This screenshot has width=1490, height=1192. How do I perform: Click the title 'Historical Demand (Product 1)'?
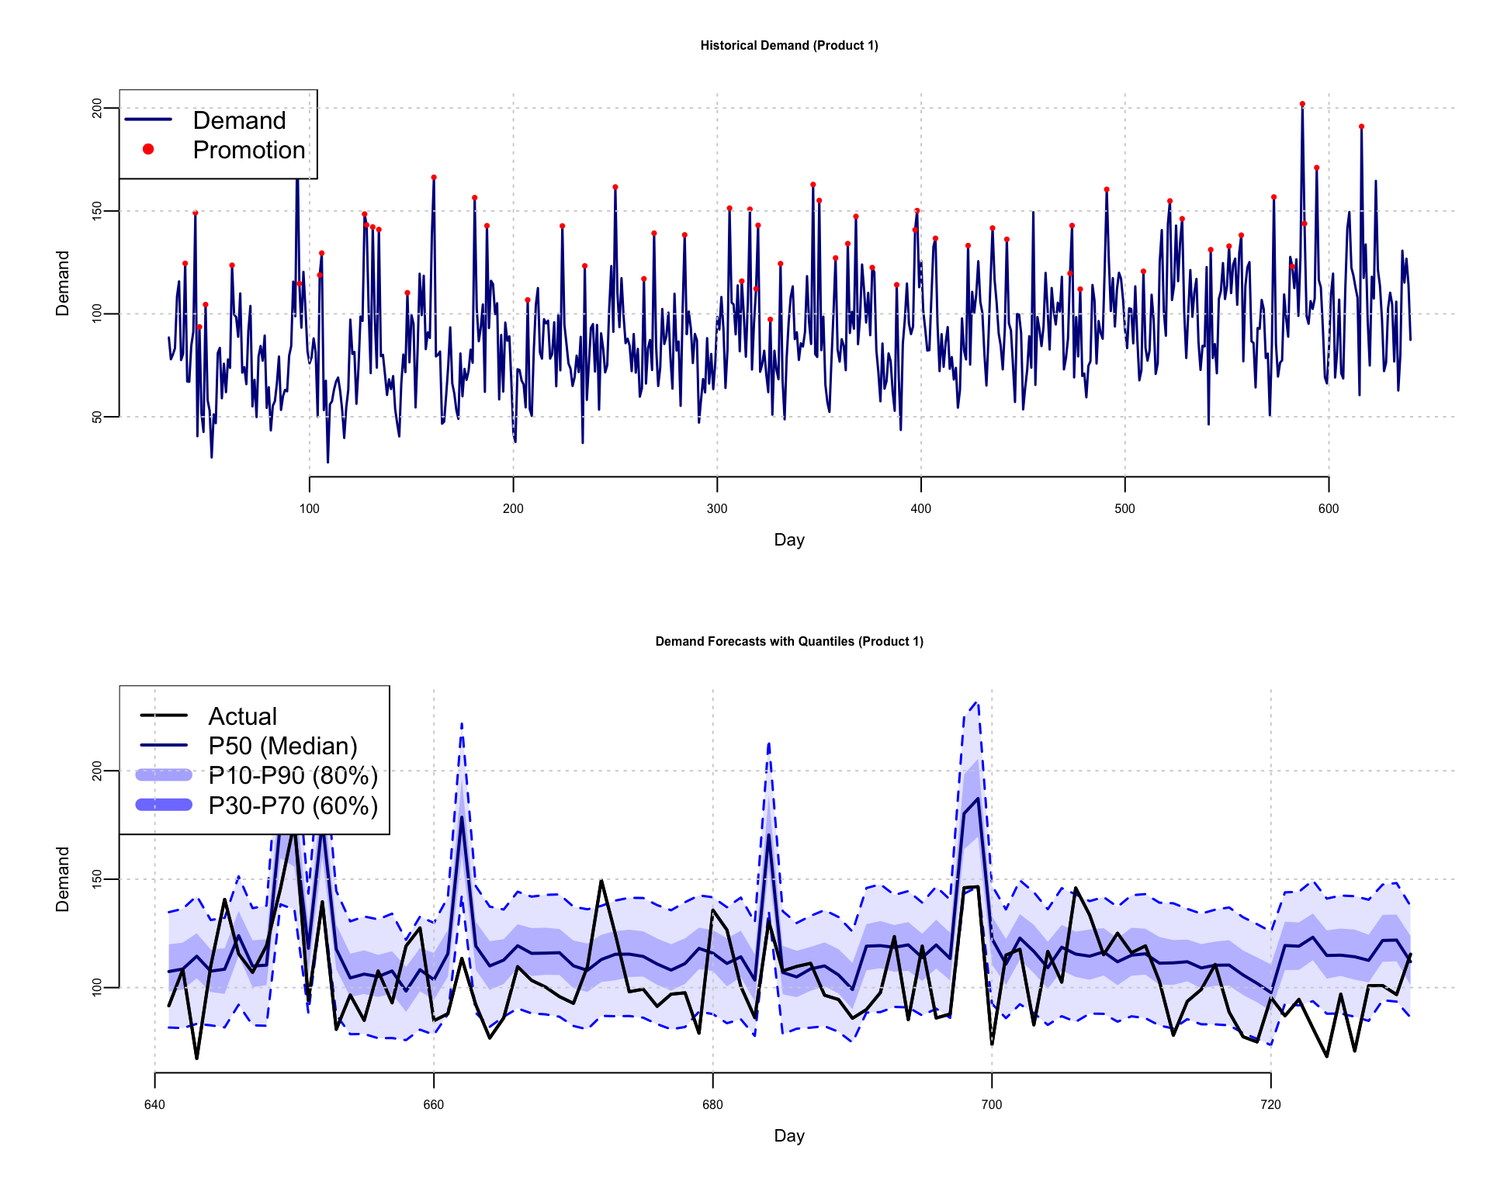coord(789,46)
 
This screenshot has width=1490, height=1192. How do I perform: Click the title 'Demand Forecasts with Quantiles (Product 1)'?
coord(789,642)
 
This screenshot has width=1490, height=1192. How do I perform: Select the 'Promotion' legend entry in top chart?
coord(248,150)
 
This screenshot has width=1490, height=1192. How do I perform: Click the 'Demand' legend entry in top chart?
coord(239,120)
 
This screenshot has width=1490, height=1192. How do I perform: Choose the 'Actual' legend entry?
coord(242,716)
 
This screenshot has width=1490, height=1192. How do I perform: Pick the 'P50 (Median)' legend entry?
coord(282,746)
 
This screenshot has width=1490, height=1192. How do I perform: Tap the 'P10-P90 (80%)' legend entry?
coord(293,775)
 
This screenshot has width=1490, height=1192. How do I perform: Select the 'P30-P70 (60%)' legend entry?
coord(293,806)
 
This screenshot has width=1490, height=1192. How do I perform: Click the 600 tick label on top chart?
coord(1329,509)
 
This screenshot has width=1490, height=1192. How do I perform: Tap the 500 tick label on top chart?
coord(1124,509)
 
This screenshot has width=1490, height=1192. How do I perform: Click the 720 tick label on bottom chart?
coord(1270,1105)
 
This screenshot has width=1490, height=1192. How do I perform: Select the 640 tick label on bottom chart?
coord(154,1105)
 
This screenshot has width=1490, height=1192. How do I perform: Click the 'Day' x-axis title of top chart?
coord(789,540)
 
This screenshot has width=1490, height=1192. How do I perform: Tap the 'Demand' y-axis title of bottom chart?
coord(63,879)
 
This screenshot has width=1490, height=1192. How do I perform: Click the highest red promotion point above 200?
coord(1302,104)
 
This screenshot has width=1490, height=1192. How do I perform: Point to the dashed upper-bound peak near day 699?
coord(977,702)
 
